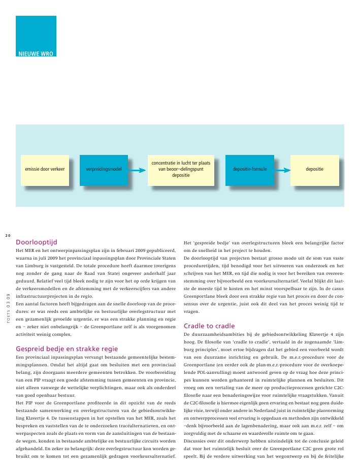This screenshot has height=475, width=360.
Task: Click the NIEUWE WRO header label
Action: click(36, 53)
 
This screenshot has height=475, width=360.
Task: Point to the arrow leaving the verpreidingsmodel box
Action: click(135, 170)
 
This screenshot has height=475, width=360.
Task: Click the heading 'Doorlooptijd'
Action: click(37, 242)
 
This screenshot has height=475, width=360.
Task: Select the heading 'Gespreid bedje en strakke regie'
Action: click(67, 349)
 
